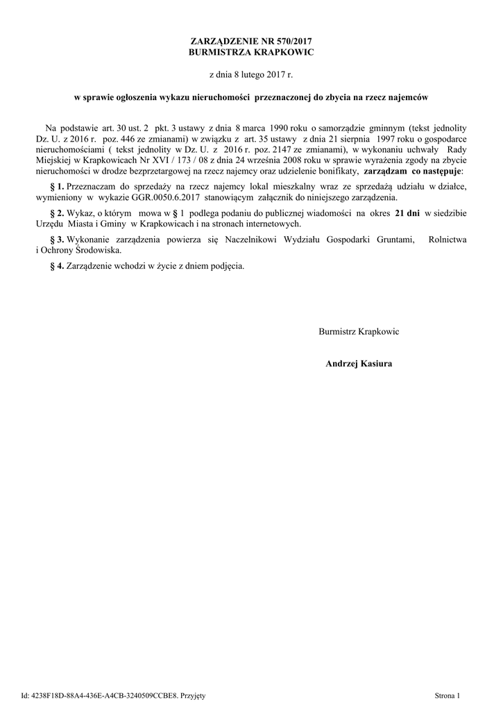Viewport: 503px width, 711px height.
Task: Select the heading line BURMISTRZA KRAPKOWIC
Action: click(x=250, y=53)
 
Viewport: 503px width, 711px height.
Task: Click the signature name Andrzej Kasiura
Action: click(x=358, y=363)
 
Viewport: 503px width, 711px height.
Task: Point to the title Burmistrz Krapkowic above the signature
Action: click(x=358, y=331)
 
